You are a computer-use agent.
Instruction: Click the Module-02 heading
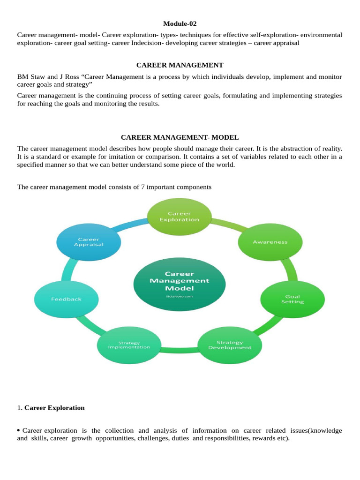tap(180, 23)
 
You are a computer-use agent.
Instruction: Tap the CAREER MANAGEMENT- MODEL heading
tap(180, 137)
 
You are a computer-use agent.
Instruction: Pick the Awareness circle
tap(270, 242)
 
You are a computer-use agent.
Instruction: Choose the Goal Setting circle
tap(292, 299)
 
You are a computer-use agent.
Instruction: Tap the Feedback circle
tap(67, 299)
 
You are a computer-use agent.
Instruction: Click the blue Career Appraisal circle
tap(89, 241)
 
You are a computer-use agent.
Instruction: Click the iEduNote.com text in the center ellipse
tap(180, 296)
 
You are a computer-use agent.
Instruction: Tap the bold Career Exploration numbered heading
tap(54, 408)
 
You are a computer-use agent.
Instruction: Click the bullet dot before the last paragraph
tap(19, 430)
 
